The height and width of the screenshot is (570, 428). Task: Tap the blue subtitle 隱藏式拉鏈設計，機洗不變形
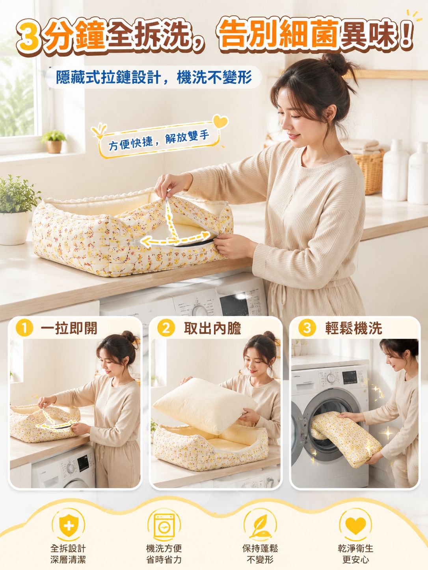tap(154, 78)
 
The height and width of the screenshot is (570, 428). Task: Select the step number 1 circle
tap(24, 328)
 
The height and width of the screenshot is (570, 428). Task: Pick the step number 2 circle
tap(166, 328)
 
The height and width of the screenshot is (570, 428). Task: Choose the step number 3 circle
tap(307, 328)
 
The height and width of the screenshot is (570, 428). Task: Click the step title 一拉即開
tap(69, 328)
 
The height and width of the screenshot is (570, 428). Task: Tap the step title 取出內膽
tap(212, 328)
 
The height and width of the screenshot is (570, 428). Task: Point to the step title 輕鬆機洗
tap(354, 328)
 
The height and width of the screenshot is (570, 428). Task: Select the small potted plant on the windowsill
tap(54, 142)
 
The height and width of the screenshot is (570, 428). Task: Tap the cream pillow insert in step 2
tap(205, 407)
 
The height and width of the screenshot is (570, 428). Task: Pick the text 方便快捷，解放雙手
tap(159, 140)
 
